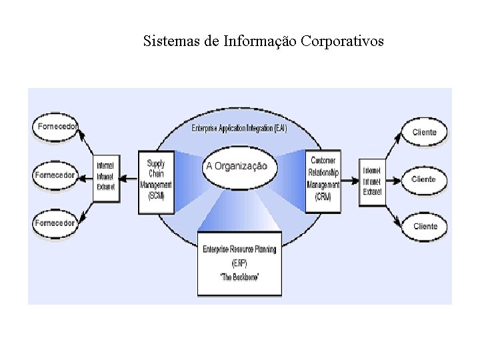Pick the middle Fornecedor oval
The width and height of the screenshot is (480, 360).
click(55, 175)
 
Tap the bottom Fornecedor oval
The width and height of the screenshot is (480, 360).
click(55, 223)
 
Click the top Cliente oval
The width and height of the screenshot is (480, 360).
click(424, 132)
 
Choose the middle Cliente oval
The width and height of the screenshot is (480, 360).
click(424, 179)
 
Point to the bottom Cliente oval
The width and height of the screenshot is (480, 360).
click(425, 227)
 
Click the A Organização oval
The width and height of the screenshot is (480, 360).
click(236, 166)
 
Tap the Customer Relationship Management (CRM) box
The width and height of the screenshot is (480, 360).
click(322, 181)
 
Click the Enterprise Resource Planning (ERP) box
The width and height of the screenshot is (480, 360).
click(239, 263)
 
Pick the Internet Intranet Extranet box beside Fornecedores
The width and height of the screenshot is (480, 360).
click(105, 176)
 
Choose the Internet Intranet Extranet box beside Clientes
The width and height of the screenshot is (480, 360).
click(372, 181)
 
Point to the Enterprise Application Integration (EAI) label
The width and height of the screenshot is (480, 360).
click(239, 128)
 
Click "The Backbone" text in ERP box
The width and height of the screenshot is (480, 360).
click(239, 275)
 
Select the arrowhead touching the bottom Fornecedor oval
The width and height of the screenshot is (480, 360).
click(80, 219)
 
